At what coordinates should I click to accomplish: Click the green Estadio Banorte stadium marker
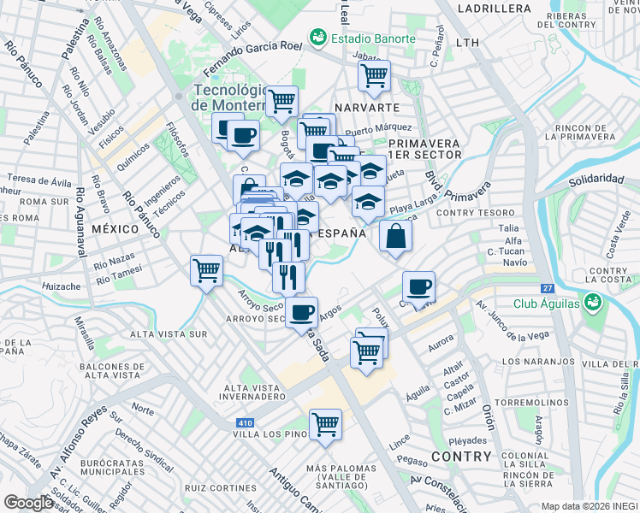pos(318,38)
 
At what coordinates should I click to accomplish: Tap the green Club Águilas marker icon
pos(590,304)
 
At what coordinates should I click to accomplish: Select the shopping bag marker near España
pos(394,237)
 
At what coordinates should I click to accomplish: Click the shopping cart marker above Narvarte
pos(374,76)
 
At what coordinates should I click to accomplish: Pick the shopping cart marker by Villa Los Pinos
pos(325,423)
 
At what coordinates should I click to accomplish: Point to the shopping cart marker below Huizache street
pos(206,271)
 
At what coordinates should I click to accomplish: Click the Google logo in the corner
pos(28,503)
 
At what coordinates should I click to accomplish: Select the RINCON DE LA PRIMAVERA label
pos(578,131)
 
